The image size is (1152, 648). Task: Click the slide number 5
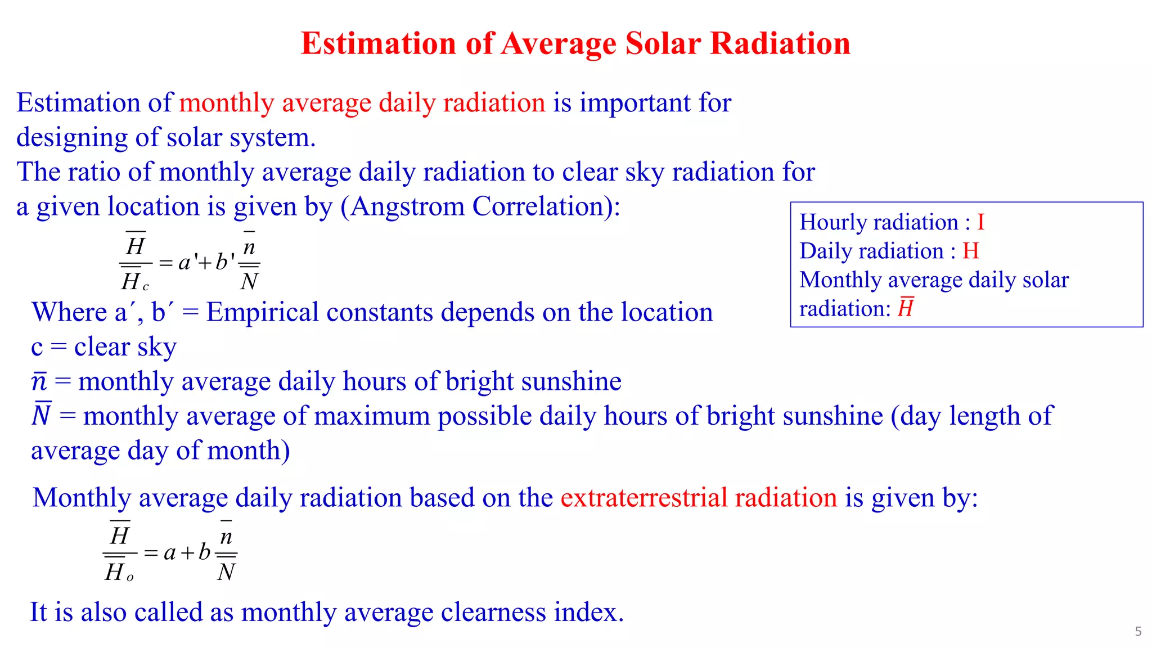[1138, 631]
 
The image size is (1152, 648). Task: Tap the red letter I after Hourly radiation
[980, 222]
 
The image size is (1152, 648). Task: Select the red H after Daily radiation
[971, 251]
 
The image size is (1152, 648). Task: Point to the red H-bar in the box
[906, 308]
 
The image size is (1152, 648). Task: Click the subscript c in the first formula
[146, 287]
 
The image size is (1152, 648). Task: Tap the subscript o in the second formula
[130, 578]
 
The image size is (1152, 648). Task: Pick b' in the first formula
[224, 262]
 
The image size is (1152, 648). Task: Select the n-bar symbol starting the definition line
[39, 381]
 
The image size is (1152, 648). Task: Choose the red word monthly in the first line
[226, 103]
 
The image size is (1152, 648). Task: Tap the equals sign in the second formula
[151, 553]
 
